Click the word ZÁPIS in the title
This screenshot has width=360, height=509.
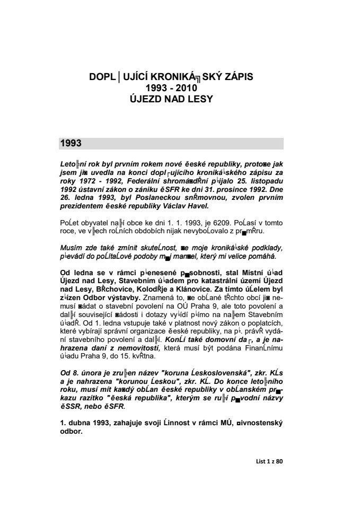[x=237, y=77]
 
